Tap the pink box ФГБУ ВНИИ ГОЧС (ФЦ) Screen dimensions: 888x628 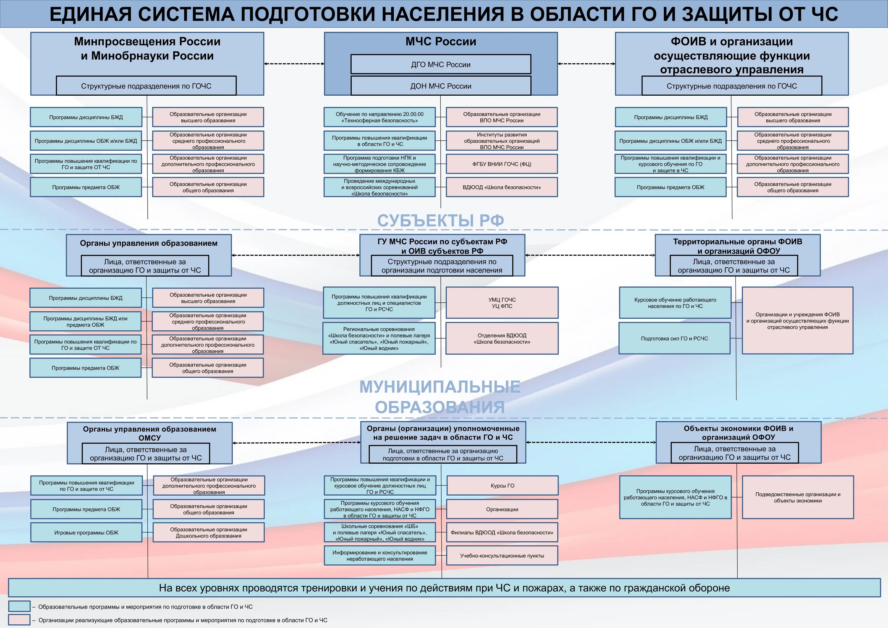(x=502, y=164)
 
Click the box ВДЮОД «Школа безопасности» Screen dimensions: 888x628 (x=502, y=187)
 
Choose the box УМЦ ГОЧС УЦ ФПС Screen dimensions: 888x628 (x=502, y=303)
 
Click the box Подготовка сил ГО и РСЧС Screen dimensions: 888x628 (x=674, y=338)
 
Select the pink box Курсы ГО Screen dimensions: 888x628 (x=502, y=486)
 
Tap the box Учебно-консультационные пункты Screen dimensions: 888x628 (x=502, y=556)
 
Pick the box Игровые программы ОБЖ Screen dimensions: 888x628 (x=86, y=532)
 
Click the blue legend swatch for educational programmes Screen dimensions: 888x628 (x=19, y=606)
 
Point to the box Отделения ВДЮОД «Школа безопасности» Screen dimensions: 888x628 (x=502, y=338)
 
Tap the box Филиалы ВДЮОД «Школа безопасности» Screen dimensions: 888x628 (x=502, y=532)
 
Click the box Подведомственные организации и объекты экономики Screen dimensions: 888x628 (x=797, y=497)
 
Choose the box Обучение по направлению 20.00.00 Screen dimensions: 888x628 (x=379, y=117)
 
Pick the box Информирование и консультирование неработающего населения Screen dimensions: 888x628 (x=379, y=556)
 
